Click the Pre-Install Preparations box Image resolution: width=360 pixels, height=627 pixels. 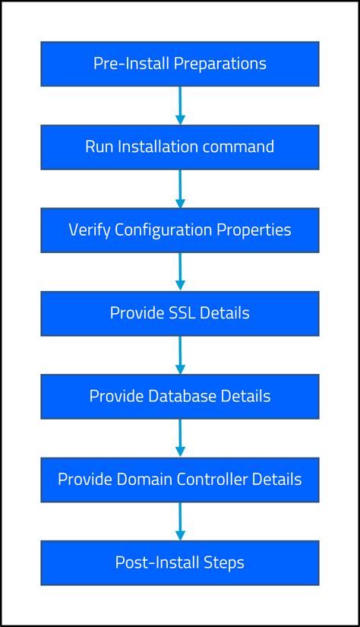179,64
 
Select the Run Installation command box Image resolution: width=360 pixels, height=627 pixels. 179,147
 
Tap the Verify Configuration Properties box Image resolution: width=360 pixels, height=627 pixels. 179,230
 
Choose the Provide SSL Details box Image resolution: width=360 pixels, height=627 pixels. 179,313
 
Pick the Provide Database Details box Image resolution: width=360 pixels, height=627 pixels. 179,396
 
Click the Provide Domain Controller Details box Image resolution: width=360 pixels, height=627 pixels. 179,480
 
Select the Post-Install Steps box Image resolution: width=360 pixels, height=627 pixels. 179,562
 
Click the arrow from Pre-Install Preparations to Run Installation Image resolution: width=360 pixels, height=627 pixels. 180,106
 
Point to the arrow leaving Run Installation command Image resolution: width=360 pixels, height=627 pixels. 180,188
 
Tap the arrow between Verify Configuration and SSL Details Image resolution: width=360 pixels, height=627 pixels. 180,271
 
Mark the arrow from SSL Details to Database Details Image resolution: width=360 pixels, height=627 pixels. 180,355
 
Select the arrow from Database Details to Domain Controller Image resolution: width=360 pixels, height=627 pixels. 180,438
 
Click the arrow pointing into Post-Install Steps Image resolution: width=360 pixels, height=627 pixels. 180,521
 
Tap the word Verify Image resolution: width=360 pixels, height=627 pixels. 90,230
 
